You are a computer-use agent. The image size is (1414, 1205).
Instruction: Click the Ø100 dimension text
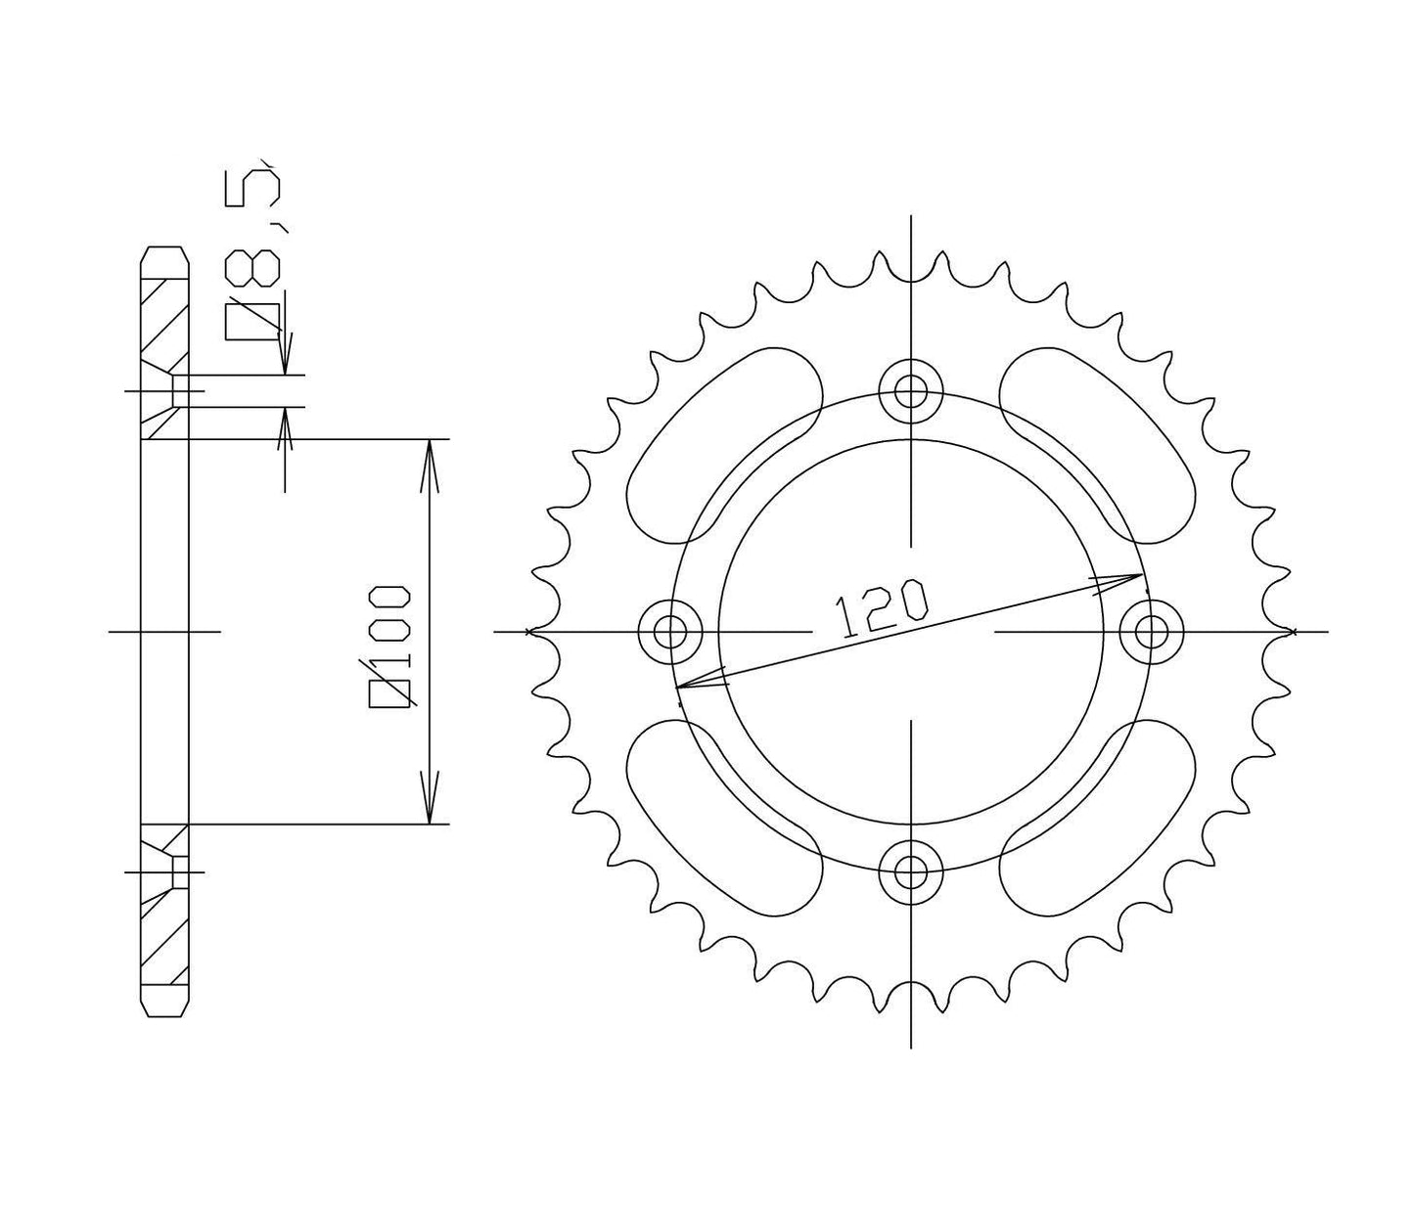click(x=390, y=637)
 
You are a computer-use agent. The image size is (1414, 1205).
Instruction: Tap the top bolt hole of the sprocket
click(x=910, y=392)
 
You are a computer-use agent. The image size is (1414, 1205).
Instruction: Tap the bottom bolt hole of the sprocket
click(x=910, y=871)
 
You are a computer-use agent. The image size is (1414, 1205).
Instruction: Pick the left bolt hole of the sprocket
click(x=670, y=632)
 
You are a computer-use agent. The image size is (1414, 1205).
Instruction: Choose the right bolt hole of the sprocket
click(x=1152, y=632)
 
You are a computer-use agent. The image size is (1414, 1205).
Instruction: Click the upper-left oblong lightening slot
click(x=724, y=445)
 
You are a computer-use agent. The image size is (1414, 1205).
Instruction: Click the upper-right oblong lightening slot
click(x=1098, y=445)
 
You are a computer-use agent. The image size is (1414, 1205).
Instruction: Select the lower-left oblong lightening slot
click(x=724, y=818)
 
